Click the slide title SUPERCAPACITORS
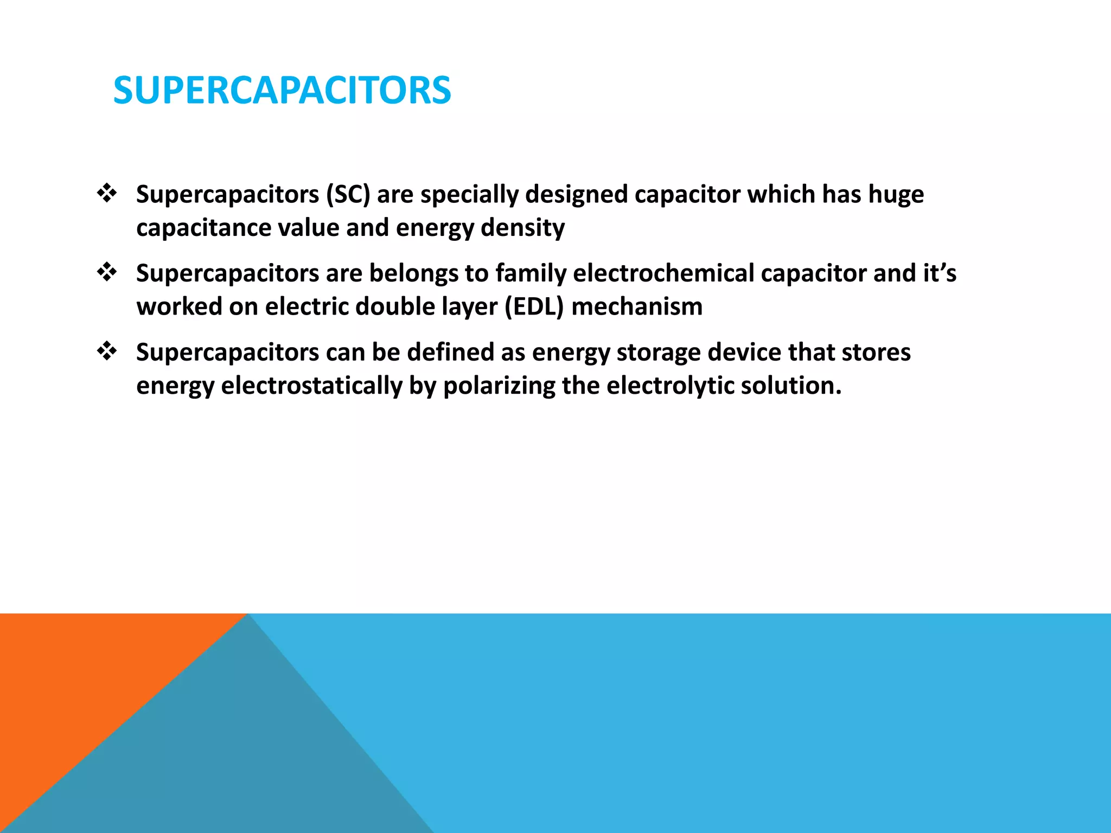tap(282, 90)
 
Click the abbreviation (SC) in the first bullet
tap(348, 194)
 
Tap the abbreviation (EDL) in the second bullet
tap(534, 306)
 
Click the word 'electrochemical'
tap(663, 273)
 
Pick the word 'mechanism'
tap(637, 306)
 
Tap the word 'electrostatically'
tap(311, 386)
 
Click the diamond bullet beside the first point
tap(107, 193)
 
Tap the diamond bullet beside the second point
tap(107, 272)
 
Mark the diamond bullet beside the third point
tap(107, 351)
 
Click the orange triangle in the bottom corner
tap(81, 683)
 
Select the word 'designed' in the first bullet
tap(576, 194)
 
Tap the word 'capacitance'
tap(203, 228)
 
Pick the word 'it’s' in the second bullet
tap(940, 273)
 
